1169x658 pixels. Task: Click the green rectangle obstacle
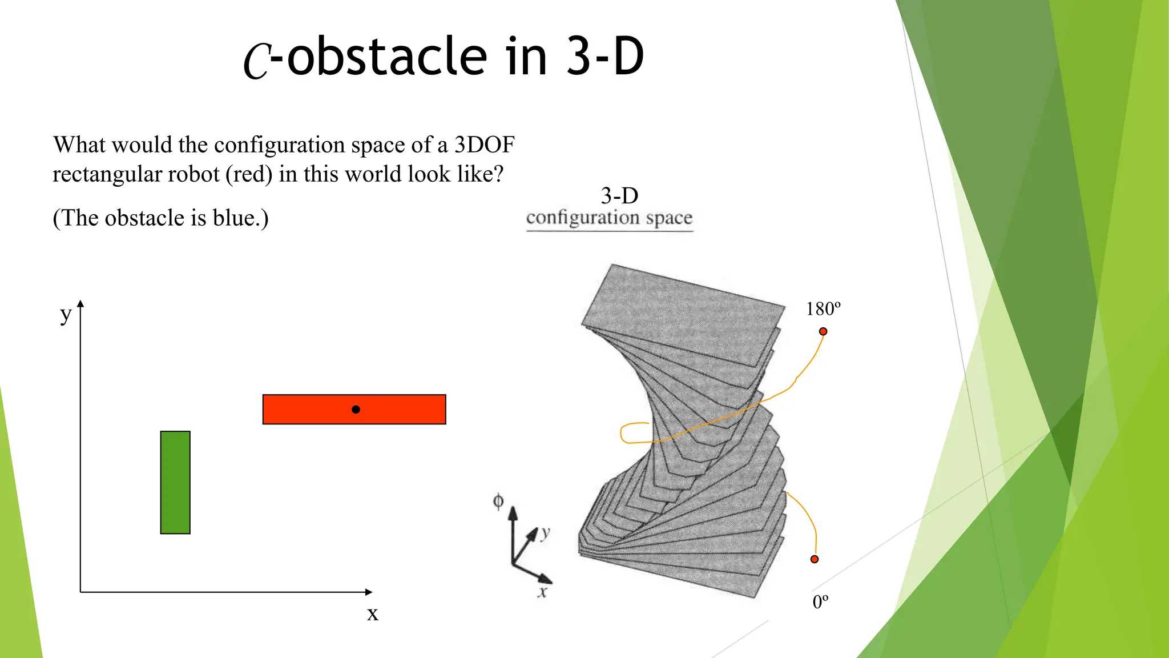tap(175, 483)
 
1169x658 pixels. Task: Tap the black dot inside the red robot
tap(356, 410)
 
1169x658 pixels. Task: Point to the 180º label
tap(823, 309)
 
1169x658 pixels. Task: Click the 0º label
tap(820, 602)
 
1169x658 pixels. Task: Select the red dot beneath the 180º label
tap(823, 331)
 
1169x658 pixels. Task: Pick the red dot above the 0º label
tap(815, 559)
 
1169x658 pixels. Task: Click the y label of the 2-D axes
tap(66, 315)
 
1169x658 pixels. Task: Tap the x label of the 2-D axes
tap(372, 614)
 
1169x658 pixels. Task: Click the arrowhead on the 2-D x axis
tap(369, 592)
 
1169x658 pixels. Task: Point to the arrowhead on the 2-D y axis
tap(80, 304)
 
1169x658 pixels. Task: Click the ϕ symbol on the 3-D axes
tap(498, 501)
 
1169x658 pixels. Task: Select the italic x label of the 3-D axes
tap(542, 592)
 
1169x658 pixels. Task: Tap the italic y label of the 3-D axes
tap(546, 533)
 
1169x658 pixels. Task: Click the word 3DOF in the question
tap(484, 145)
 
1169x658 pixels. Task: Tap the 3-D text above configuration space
tap(619, 196)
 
